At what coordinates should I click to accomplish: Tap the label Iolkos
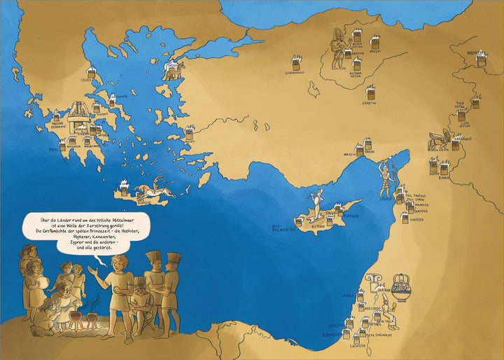coord(87,81)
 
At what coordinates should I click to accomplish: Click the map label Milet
coord(188,141)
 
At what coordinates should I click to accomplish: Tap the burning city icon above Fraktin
coord(371,92)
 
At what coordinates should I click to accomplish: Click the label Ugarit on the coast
coord(386,199)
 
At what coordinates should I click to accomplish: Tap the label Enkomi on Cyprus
coord(351,216)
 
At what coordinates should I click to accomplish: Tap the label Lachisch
coord(358,344)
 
